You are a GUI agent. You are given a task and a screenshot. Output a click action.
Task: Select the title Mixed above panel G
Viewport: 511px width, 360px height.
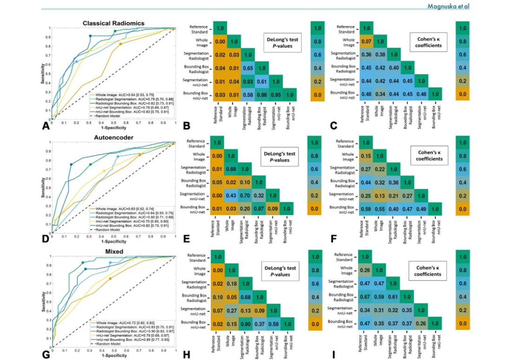pyautogui.click(x=114, y=251)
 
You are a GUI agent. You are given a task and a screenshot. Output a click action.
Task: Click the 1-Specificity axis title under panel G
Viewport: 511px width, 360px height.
pyautogui.click(x=113, y=355)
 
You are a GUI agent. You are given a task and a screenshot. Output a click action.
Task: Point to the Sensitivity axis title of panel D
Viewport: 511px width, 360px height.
pyautogui.click(x=44, y=187)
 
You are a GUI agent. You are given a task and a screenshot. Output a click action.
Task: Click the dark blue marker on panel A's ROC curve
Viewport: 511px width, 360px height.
pyautogui.click(x=90, y=36)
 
